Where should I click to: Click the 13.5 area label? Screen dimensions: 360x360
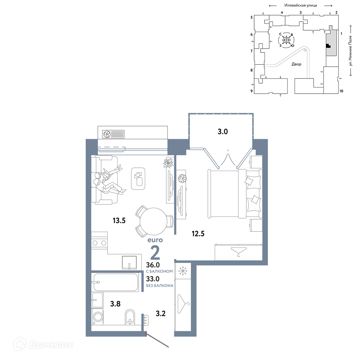(119, 221)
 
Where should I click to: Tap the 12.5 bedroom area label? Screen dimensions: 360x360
(198, 234)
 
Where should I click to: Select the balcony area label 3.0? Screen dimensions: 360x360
(222, 131)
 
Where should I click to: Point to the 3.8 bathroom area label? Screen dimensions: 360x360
(115, 304)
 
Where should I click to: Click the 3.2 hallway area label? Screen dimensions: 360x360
(161, 314)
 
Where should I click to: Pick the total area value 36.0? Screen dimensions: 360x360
(153, 265)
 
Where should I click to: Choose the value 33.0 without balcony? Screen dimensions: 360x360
(153, 279)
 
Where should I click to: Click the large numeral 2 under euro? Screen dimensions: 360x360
(155, 252)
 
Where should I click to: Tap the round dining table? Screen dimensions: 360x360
(153, 221)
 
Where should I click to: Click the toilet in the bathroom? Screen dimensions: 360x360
(130, 317)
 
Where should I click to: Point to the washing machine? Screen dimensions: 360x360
(98, 317)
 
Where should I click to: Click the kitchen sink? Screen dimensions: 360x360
(129, 262)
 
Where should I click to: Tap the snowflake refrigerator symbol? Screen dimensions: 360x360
(183, 271)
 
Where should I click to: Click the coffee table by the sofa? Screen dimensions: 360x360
(138, 179)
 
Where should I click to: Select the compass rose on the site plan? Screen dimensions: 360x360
(286, 40)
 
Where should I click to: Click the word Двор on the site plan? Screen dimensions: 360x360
(296, 64)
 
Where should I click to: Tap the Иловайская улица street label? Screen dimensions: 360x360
(301, 5)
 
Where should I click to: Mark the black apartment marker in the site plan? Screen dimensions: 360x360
(328, 46)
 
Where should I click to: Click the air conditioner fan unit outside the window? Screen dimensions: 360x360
(113, 134)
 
